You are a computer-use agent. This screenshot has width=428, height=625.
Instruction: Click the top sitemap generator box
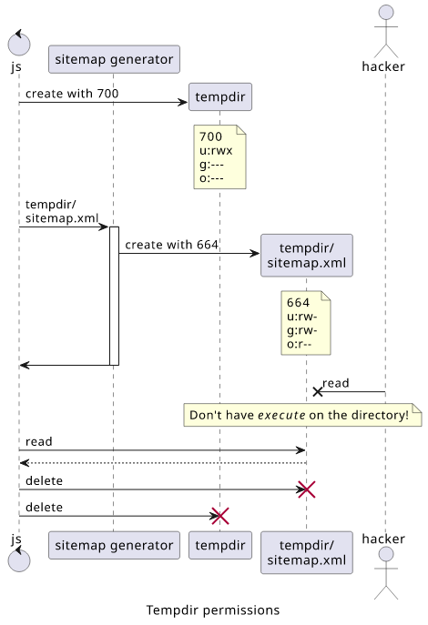click(114, 59)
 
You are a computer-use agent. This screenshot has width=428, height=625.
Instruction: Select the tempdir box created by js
click(220, 96)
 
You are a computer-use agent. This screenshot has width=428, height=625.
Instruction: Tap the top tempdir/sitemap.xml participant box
click(307, 255)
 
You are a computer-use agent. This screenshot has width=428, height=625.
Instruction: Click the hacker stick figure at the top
click(386, 31)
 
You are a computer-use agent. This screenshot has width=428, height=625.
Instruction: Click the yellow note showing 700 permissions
click(219, 156)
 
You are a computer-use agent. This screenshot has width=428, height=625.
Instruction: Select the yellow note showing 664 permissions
click(306, 323)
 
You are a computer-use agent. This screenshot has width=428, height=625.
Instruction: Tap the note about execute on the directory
click(302, 415)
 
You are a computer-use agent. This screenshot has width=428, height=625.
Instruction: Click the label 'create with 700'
click(72, 94)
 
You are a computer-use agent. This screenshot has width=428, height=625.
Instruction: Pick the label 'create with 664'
click(171, 245)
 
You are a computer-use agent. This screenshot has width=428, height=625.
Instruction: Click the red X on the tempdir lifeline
click(220, 516)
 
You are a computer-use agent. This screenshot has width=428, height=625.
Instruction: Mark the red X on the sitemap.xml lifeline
click(307, 489)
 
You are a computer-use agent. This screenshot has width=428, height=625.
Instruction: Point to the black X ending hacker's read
click(318, 392)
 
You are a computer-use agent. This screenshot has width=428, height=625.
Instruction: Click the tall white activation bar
click(114, 296)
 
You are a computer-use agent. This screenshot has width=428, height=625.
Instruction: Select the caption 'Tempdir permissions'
click(213, 610)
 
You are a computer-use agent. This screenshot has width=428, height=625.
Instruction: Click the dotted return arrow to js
click(163, 463)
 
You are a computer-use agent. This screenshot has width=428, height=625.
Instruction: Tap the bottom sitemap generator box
click(114, 545)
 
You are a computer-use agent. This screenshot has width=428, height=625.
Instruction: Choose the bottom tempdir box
click(220, 545)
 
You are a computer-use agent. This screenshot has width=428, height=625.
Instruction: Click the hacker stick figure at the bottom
click(386, 573)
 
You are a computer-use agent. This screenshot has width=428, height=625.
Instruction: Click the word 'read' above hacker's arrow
click(335, 383)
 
